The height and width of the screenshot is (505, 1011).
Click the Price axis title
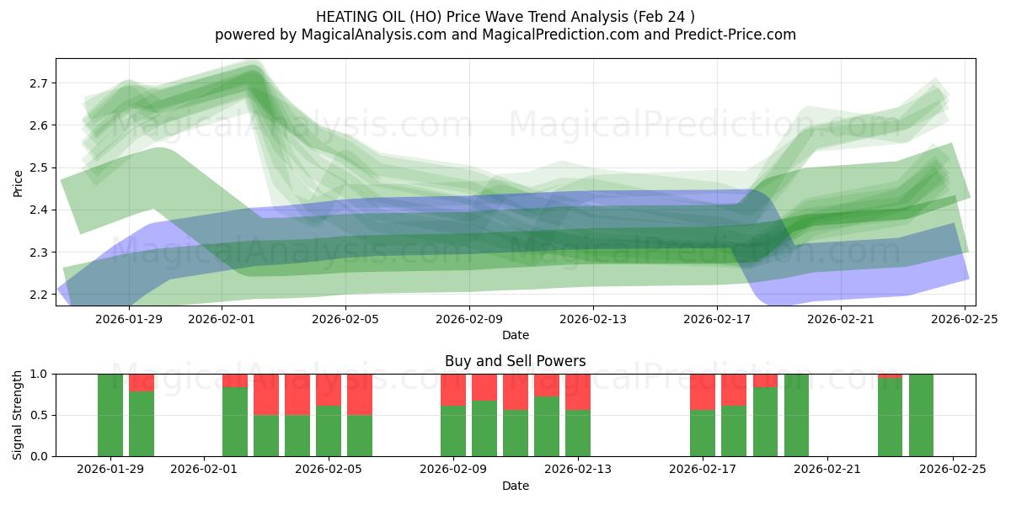(x=19, y=182)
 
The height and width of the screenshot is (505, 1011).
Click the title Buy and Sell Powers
(x=515, y=361)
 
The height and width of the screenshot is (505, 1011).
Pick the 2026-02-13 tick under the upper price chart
(x=593, y=319)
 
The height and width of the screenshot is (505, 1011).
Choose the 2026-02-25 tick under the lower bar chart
(x=952, y=469)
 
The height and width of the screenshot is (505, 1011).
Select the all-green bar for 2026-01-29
(x=110, y=415)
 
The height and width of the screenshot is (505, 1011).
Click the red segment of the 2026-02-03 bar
(x=266, y=394)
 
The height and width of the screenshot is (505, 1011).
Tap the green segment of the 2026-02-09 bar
(x=453, y=431)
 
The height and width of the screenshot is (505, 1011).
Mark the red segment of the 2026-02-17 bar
(x=703, y=391)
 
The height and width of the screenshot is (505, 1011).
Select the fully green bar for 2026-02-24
(x=921, y=415)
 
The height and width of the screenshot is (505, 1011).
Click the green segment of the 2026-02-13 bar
(x=578, y=433)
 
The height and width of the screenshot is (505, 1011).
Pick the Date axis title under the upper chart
(x=515, y=335)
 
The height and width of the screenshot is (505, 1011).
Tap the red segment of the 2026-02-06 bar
(x=360, y=394)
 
